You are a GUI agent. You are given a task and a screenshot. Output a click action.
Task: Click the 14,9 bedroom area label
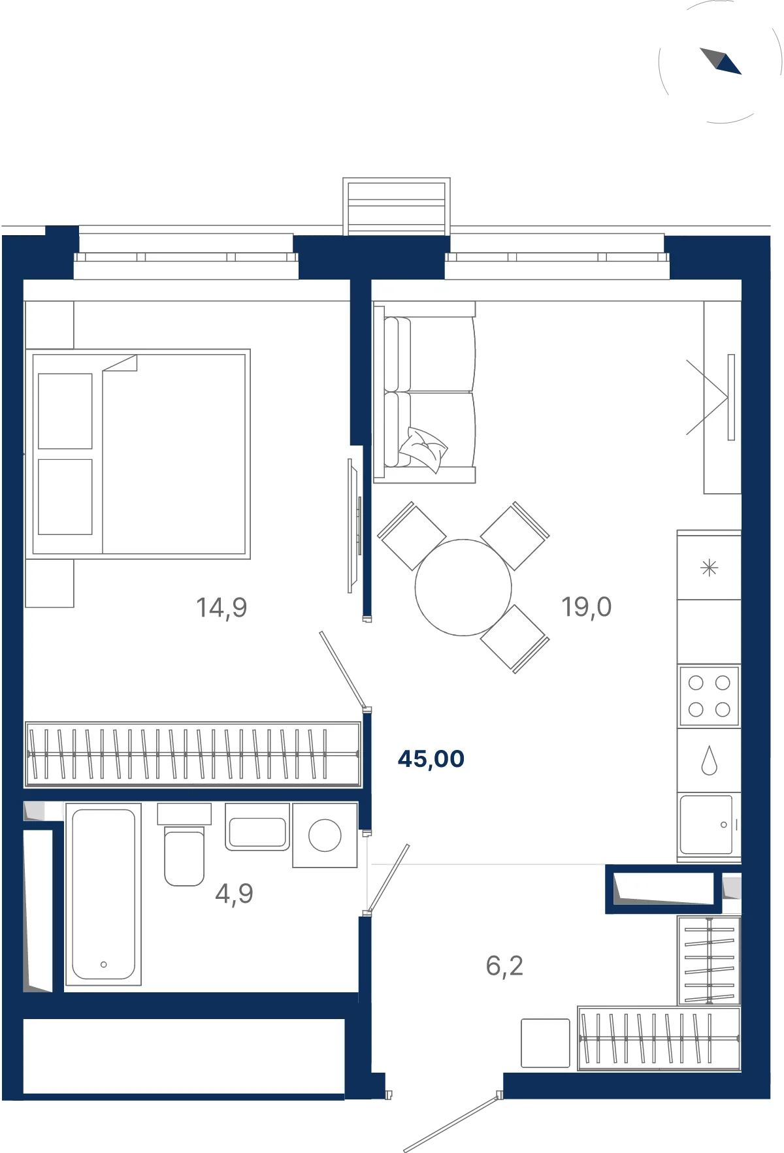(221, 608)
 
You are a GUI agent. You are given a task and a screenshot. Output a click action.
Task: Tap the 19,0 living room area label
(587, 607)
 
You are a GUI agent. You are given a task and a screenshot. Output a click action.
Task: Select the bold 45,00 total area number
(431, 758)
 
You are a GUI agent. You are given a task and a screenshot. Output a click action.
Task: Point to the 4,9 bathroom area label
(234, 893)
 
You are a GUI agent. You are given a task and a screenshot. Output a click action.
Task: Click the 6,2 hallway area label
(504, 966)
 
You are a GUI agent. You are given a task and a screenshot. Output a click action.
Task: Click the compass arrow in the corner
(721, 61)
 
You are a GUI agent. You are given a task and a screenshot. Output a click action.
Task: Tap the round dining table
(463, 587)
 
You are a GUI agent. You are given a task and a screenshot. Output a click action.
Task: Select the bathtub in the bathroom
(104, 894)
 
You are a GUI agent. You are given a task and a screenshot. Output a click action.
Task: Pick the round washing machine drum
(325, 836)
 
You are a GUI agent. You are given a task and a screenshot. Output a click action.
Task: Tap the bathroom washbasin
(257, 827)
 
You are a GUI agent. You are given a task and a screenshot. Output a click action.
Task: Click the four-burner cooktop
(710, 696)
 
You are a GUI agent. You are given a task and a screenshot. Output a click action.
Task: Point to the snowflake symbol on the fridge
(710, 568)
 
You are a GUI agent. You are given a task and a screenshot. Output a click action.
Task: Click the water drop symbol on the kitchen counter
(710, 760)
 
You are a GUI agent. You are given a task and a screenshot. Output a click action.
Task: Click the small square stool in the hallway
(546, 1043)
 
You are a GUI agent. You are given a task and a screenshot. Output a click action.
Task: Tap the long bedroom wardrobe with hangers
(193, 755)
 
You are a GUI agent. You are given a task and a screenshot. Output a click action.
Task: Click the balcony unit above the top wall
(397, 206)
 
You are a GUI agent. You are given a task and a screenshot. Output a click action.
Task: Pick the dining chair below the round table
(515, 639)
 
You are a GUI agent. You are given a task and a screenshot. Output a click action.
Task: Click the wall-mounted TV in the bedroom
(353, 526)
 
